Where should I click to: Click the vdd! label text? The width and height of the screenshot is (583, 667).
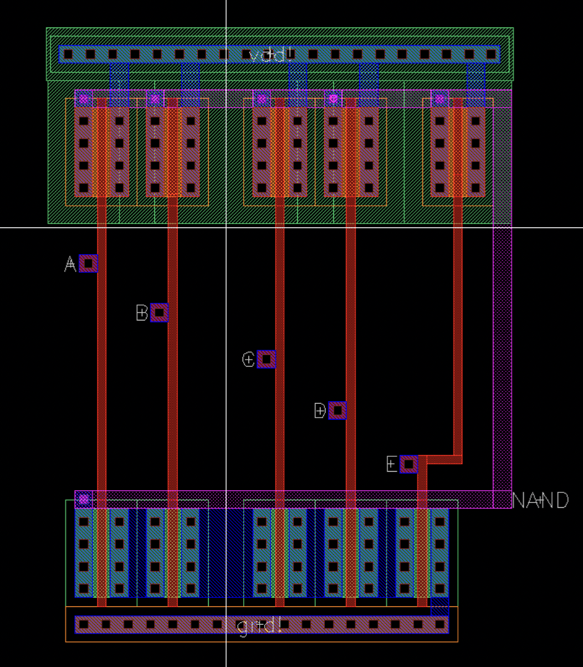(x=270, y=55)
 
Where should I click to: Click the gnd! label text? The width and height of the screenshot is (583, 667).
(x=259, y=625)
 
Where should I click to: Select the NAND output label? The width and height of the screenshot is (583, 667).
(x=540, y=500)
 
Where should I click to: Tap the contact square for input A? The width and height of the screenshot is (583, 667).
(x=88, y=263)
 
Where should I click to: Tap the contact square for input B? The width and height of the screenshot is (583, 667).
(x=159, y=312)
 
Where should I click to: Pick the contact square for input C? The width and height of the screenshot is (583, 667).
(x=266, y=359)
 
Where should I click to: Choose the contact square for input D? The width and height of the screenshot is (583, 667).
(x=337, y=411)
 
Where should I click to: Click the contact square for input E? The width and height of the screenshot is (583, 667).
(x=409, y=464)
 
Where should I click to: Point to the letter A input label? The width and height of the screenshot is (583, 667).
(x=70, y=264)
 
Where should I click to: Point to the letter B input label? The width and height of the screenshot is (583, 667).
(x=142, y=313)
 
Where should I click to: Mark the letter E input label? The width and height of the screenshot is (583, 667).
(x=392, y=464)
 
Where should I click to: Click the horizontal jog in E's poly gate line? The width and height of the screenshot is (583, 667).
(x=443, y=459)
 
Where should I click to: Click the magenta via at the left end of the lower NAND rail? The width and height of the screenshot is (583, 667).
(x=84, y=499)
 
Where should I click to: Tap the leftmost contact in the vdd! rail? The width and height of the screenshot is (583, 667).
(x=68, y=54)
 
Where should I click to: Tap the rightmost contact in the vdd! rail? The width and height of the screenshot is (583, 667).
(x=491, y=54)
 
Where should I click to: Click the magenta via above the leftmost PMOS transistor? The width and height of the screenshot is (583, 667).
(x=84, y=99)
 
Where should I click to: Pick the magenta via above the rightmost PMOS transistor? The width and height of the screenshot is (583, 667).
(x=439, y=99)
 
